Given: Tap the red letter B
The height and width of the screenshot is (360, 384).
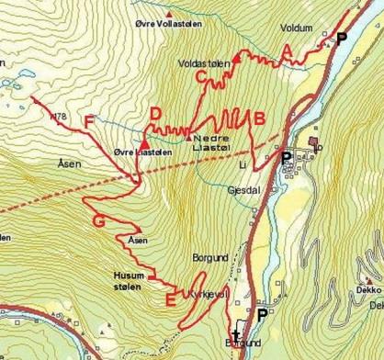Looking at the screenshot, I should point(260,118).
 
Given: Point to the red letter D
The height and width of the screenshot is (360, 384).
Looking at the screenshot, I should point(156,114).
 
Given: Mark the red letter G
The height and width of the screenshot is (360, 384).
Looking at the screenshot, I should point(99,221).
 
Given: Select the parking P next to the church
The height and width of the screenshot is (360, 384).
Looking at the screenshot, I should point(263,315).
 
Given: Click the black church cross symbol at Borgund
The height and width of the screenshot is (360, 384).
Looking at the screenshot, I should point(236,333).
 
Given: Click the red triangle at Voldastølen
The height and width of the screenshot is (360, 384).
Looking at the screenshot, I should point(236,57).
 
